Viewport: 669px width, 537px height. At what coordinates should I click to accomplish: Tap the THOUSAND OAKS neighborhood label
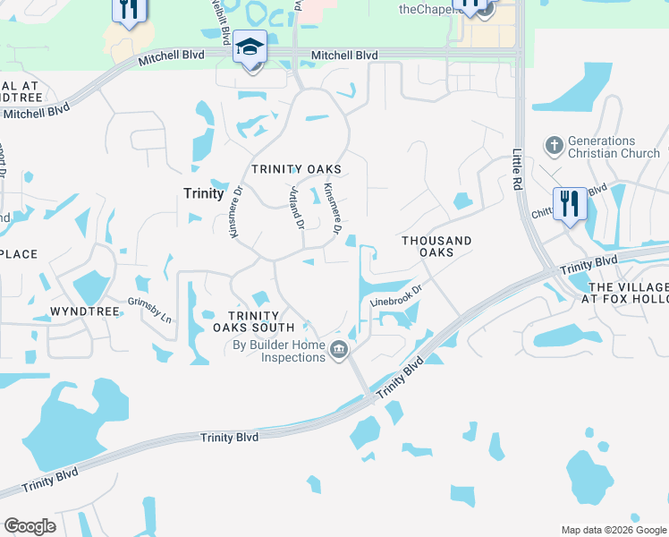tap(436, 246)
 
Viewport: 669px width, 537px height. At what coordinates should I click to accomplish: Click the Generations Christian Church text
tap(602, 147)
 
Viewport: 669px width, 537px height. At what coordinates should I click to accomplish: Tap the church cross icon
tap(554, 144)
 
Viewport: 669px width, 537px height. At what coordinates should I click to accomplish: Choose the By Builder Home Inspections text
tap(279, 351)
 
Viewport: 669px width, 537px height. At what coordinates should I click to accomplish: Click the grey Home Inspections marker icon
tap(338, 350)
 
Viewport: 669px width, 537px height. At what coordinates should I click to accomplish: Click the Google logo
tap(30, 526)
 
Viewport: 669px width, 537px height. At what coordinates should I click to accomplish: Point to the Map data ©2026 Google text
tap(613, 530)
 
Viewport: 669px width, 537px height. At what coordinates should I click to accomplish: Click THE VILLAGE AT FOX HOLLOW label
tap(626, 294)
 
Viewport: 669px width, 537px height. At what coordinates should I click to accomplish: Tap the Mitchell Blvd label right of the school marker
tap(344, 55)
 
